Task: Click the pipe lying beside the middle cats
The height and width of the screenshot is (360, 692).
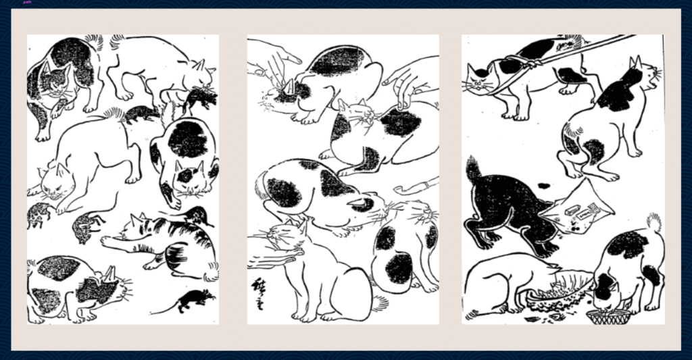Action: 414,185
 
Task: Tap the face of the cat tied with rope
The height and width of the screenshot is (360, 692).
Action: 481,79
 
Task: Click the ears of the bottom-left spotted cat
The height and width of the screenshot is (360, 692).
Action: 108,273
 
